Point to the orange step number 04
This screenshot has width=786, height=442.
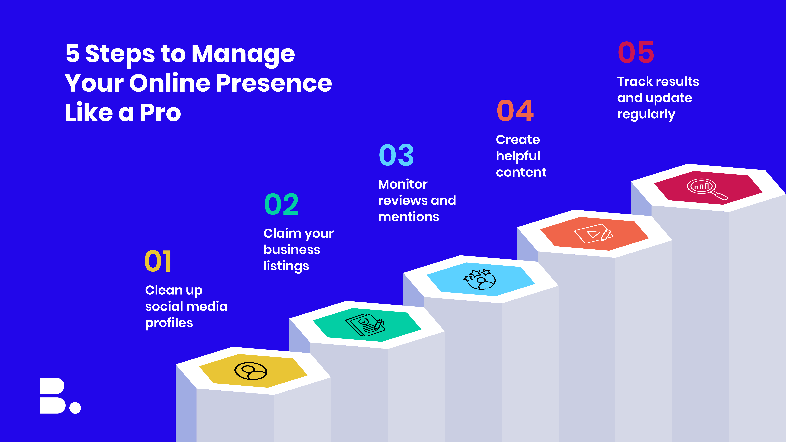pyautogui.click(x=515, y=110)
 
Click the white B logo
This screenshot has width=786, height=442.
pyautogui.click(x=52, y=396)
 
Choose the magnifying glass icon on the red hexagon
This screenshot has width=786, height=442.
pyautogui.click(x=707, y=189)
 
